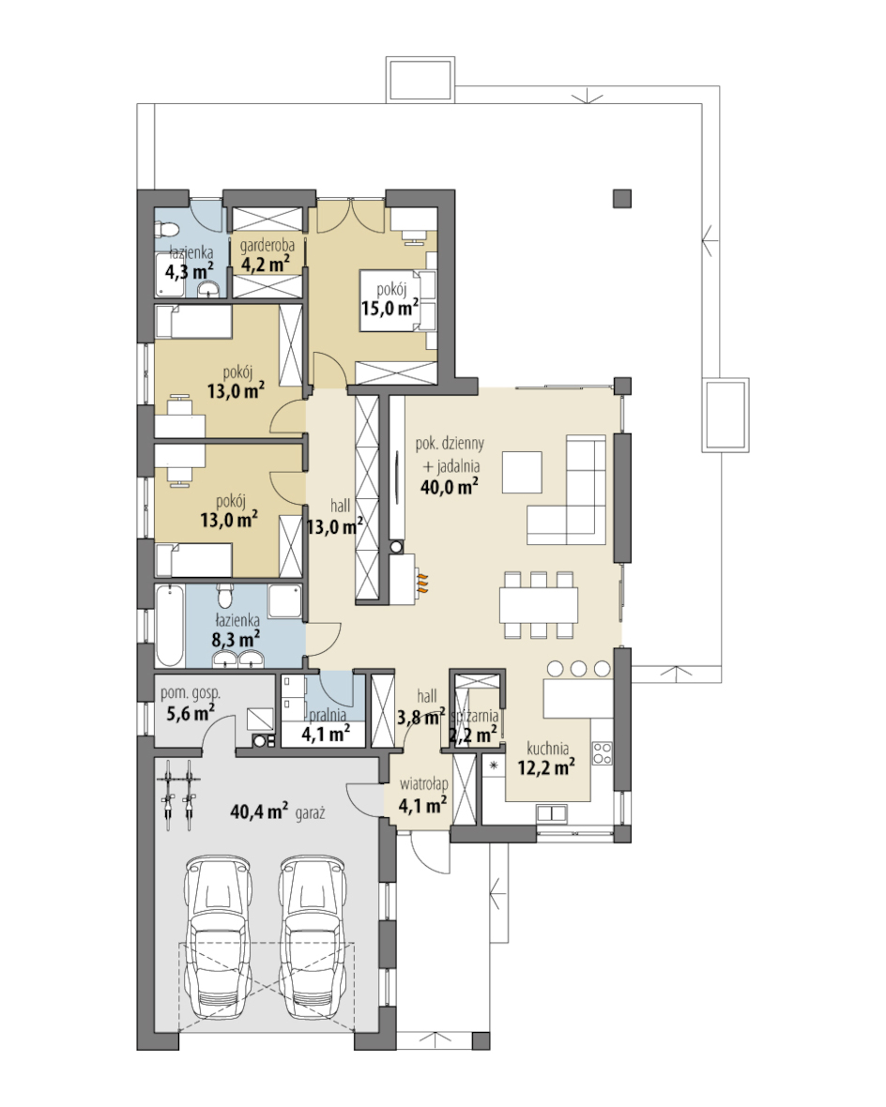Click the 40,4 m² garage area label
(259, 811)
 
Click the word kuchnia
(547, 749)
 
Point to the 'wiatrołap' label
(423, 784)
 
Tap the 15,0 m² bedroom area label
(390, 307)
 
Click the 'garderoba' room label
(267, 247)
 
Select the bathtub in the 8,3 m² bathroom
(170, 626)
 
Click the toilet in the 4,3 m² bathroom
(167, 230)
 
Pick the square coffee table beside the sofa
(522, 472)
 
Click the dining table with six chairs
(539, 605)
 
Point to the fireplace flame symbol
(421, 581)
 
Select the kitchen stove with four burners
(602, 753)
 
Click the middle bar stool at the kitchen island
(579, 668)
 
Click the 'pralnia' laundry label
(328, 716)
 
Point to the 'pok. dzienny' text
(450, 444)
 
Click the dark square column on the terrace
(621, 198)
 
